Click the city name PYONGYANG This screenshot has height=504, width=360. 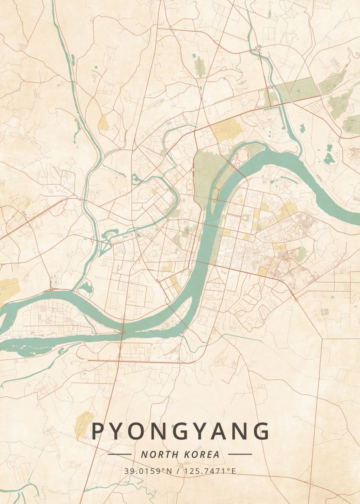pos(180,431)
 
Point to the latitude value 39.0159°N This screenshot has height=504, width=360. pos(148,471)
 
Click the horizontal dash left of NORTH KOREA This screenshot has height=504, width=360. pos(119,454)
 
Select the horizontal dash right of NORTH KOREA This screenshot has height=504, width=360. pos(240,454)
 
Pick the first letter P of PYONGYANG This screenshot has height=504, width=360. pos(98,431)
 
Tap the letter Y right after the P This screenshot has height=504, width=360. pos(117,431)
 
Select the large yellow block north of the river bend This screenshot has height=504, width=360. pos(226,129)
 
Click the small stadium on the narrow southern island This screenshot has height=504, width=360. pos(171,322)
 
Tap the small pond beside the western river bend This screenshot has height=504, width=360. pos(86,288)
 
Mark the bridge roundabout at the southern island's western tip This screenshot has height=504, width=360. pos(123,332)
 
